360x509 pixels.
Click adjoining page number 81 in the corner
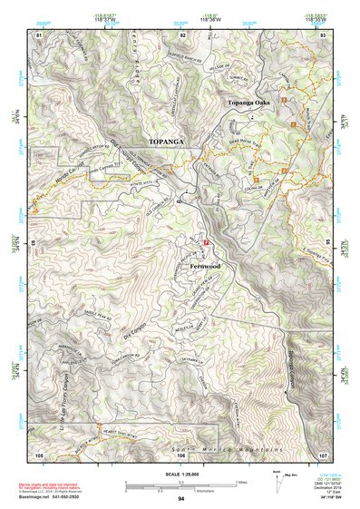click(39, 34)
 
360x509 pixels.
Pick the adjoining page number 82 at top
click(182, 34)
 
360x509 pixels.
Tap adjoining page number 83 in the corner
click(324, 34)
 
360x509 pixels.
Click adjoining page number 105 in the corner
click(39, 454)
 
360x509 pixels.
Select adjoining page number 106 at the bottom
click(182, 454)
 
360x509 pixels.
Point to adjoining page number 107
click(323, 454)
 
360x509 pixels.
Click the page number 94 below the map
click(181, 499)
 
